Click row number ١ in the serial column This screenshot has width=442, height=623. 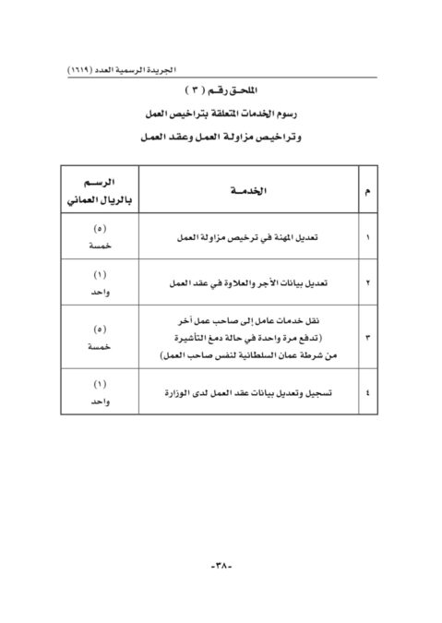pyautogui.click(x=369, y=236)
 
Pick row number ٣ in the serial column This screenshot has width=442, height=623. pyautogui.click(x=369, y=338)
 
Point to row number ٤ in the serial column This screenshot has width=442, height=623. pyautogui.click(x=369, y=394)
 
